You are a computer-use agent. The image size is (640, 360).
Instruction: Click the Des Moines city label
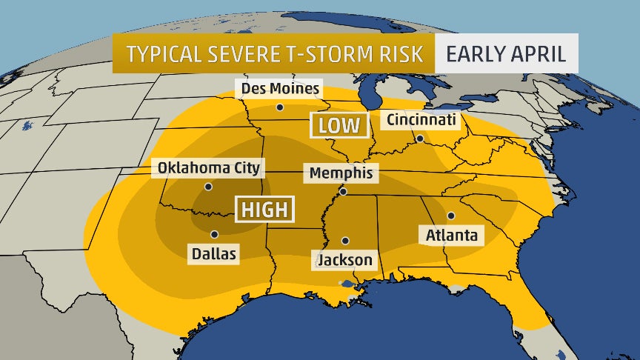tap(279, 89)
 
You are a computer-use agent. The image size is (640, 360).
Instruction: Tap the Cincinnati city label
tap(420, 119)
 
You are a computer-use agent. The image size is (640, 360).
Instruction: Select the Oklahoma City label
tap(209, 168)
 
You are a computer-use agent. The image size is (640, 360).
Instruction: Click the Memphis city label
tap(342, 173)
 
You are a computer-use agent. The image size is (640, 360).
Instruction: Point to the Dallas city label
tap(213, 254)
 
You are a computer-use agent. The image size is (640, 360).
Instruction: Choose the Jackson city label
tap(344, 260)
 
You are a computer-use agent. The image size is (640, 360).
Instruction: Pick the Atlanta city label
tap(451, 236)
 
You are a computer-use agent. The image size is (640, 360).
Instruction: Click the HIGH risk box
tap(264, 210)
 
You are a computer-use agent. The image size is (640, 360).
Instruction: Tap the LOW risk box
tap(339, 125)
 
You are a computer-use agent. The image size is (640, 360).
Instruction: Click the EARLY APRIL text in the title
tap(507, 55)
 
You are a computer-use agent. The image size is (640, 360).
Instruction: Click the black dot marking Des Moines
tap(279, 107)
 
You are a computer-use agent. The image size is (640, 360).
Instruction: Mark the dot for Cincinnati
tap(419, 139)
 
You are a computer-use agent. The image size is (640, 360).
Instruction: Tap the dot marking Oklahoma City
tap(209, 187)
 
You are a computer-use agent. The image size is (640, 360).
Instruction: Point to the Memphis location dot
tap(342, 192)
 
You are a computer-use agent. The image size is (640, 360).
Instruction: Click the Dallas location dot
tap(214, 234)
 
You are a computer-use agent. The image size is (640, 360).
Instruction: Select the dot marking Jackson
tap(345, 241)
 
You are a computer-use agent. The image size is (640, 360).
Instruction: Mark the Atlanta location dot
tap(450, 216)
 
